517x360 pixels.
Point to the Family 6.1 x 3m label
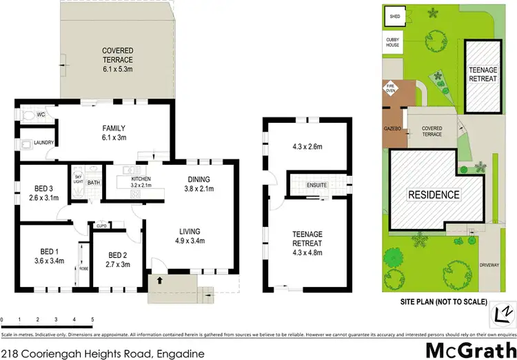pos(114,132)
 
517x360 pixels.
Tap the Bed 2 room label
pos(117,259)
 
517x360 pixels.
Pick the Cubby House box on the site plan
pos(394,43)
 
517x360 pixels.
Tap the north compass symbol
pos(501,314)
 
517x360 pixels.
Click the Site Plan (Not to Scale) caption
pos(443,301)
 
